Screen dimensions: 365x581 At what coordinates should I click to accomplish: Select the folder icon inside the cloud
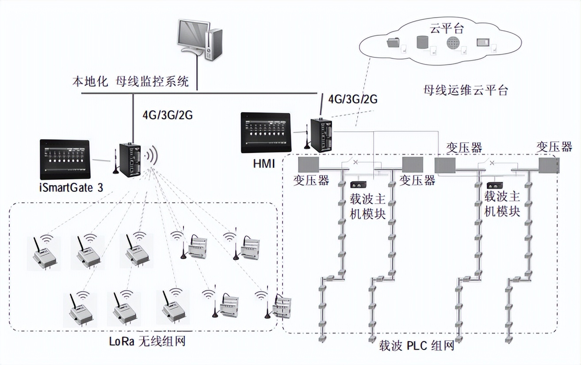pyautogui.click(x=393, y=43)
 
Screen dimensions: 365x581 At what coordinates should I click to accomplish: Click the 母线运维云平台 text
pyautogui.click(x=464, y=91)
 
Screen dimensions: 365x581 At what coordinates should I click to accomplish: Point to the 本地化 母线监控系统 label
pyautogui.click(x=131, y=82)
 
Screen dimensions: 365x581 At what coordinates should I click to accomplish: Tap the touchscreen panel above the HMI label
pyautogui.click(x=265, y=133)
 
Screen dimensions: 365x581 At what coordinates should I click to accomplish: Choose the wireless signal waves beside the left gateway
pyautogui.click(x=153, y=156)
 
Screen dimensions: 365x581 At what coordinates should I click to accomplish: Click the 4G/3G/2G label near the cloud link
pyautogui.click(x=353, y=99)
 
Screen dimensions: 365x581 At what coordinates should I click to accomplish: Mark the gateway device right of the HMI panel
pyautogui.click(x=322, y=135)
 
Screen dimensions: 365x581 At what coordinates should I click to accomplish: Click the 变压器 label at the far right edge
pyautogui.click(x=554, y=146)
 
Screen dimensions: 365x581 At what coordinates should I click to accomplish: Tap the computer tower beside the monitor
pyautogui.click(x=214, y=44)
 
